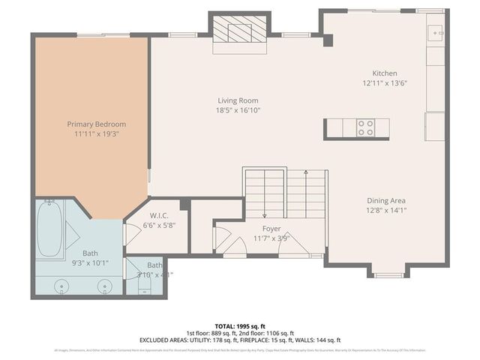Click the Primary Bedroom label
[x=96, y=124]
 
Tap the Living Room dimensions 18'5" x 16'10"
[x=238, y=110]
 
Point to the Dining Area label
[x=386, y=200]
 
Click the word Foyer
[x=271, y=228]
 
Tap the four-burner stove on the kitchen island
[x=366, y=128]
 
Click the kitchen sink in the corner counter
[x=435, y=34]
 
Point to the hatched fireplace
[x=238, y=32]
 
